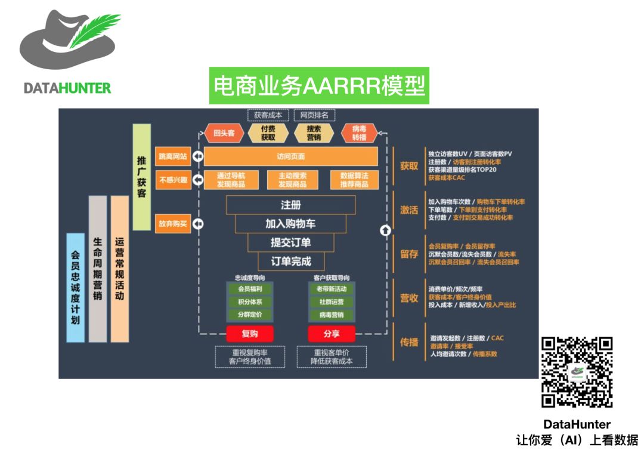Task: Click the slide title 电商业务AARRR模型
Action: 320,86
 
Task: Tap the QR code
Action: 577,372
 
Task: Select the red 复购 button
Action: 250,334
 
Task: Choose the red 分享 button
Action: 332,334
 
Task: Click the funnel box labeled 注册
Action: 290,205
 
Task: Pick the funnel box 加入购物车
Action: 290,224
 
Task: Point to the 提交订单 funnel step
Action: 290,242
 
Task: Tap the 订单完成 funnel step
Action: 290,261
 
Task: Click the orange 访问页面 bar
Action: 290,156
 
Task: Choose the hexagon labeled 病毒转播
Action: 359,133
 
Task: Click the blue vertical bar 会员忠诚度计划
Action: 75,287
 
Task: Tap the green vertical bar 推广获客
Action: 141,177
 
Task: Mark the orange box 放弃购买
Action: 172,224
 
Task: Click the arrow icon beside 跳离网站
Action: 197,156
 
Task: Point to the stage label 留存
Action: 409,254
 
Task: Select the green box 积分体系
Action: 250,302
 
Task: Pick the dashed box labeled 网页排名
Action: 314,115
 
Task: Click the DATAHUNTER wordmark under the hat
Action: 67,88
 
